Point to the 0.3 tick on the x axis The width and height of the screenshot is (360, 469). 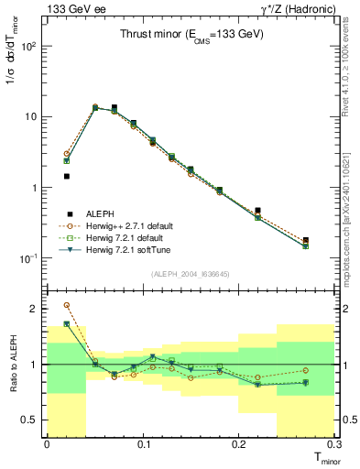(334, 444)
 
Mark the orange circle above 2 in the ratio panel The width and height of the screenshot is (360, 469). (66, 305)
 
